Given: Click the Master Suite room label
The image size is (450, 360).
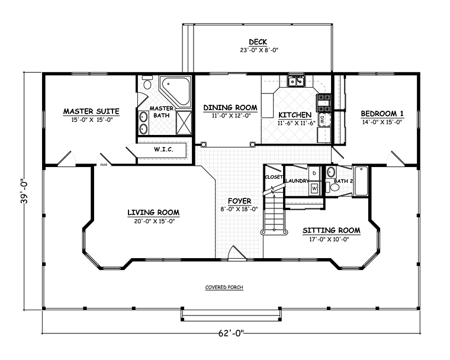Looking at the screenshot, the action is coord(91,111).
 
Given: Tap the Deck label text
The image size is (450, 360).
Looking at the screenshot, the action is coord(258,42).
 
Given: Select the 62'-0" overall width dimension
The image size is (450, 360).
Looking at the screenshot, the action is coord(231,333).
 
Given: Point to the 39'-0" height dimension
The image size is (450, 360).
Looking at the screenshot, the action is coord(25,191).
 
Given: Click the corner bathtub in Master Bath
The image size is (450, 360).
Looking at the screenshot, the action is coord(175,91).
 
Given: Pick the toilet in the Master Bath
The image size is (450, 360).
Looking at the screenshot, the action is coord(147,82).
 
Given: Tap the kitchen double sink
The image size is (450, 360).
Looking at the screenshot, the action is coord(296,81).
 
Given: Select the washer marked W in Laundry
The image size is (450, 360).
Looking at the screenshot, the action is coord(315,189).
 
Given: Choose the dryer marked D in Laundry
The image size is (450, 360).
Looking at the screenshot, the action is coord(315,173).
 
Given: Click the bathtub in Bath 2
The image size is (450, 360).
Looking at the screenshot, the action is coord(361,181).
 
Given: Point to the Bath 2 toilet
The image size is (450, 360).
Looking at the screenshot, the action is coord(332,188).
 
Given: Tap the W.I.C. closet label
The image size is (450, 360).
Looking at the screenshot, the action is coord(163,149).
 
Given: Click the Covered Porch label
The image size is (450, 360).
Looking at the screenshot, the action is coord(224,287).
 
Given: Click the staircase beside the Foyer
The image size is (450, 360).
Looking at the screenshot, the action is coord(274,213).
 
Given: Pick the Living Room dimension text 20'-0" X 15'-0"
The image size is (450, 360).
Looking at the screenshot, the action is coord(154,221).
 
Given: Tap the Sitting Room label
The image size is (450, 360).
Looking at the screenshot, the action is coord(332,230).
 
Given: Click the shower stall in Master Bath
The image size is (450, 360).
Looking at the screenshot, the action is coord(184,123).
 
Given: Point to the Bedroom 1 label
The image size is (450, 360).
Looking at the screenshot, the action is coord(382,114).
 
